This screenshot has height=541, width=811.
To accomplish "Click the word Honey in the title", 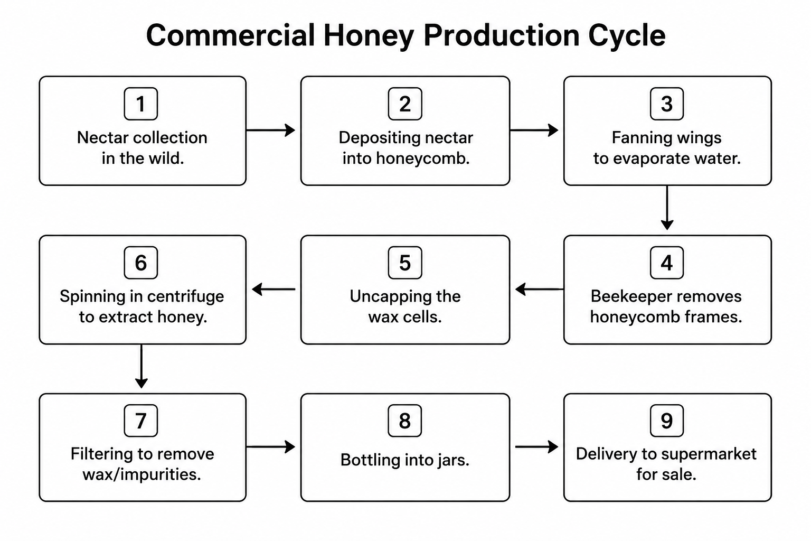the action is (369, 36).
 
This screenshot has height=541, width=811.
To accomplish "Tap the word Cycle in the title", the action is (627, 36).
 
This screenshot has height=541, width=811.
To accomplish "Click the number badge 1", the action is (141, 104).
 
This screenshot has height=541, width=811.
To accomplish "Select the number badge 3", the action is (666, 104).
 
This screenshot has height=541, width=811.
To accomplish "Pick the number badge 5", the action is (405, 263).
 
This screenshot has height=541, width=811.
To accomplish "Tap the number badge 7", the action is (141, 421).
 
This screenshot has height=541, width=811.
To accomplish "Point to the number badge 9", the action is (666, 421).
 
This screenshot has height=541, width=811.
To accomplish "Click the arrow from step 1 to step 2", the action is (271, 130).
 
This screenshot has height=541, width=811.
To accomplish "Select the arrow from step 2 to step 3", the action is (534, 130).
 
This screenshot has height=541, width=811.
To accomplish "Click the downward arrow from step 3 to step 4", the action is (667, 208).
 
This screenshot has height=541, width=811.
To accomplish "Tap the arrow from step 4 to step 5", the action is (539, 289).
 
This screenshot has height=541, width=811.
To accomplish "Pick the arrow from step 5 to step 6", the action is (274, 289).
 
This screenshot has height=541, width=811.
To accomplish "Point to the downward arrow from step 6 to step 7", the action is (141, 366).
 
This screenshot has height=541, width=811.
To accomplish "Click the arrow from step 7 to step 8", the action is (271, 447).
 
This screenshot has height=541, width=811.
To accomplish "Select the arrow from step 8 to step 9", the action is (536, 447).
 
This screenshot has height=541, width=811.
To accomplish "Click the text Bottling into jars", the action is (405, 460).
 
